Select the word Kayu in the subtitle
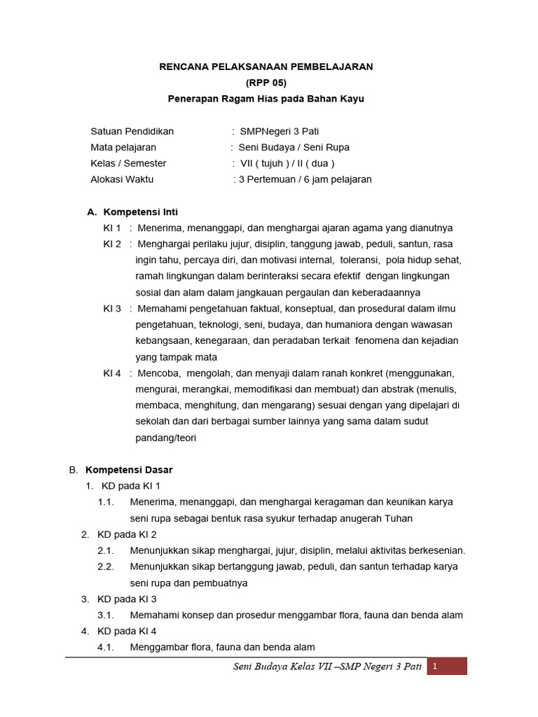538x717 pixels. pos(351,99)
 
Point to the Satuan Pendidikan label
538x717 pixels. pos(132,131)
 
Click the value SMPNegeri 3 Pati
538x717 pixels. pos(280,131)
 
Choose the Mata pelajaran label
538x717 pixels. pos(123,147)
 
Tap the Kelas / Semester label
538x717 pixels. pos(128,163)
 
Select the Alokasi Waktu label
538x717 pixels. pos(122,179)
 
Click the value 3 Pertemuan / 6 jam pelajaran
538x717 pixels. pos(305,179)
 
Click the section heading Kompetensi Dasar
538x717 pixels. pos(129,469)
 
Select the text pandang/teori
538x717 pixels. pos(166,438)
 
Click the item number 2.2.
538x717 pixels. pos(106,566)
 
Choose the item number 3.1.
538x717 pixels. pos(106,615)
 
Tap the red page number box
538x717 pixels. pos(448,667)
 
